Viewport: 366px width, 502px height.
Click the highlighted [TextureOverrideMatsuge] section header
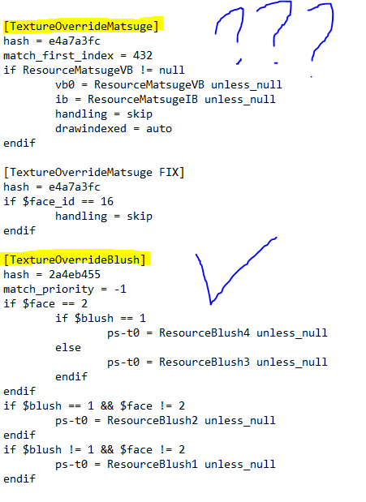click(81, 26)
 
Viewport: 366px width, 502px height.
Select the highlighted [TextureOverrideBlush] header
click(75, 259)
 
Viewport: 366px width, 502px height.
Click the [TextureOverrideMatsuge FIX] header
click(94, 172)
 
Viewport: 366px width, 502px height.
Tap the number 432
click(143, 55)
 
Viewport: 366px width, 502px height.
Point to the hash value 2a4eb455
click(75, 274)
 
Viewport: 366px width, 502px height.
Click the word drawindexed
click(91, 129)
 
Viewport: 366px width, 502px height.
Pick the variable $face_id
click(49, 202)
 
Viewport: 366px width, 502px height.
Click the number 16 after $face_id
click(107, 201)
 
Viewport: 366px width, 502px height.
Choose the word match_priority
click(49, 290)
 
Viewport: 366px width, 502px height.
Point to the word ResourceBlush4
click(205, 333)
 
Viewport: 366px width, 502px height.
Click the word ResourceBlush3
click(205, 362)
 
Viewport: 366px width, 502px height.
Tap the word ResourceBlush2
click(153, 420)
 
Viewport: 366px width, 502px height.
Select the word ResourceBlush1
click(153, 464)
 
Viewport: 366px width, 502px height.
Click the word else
click(68, 347)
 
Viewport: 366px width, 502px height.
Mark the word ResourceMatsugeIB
click(143, 100)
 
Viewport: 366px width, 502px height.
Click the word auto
click(159, 129)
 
